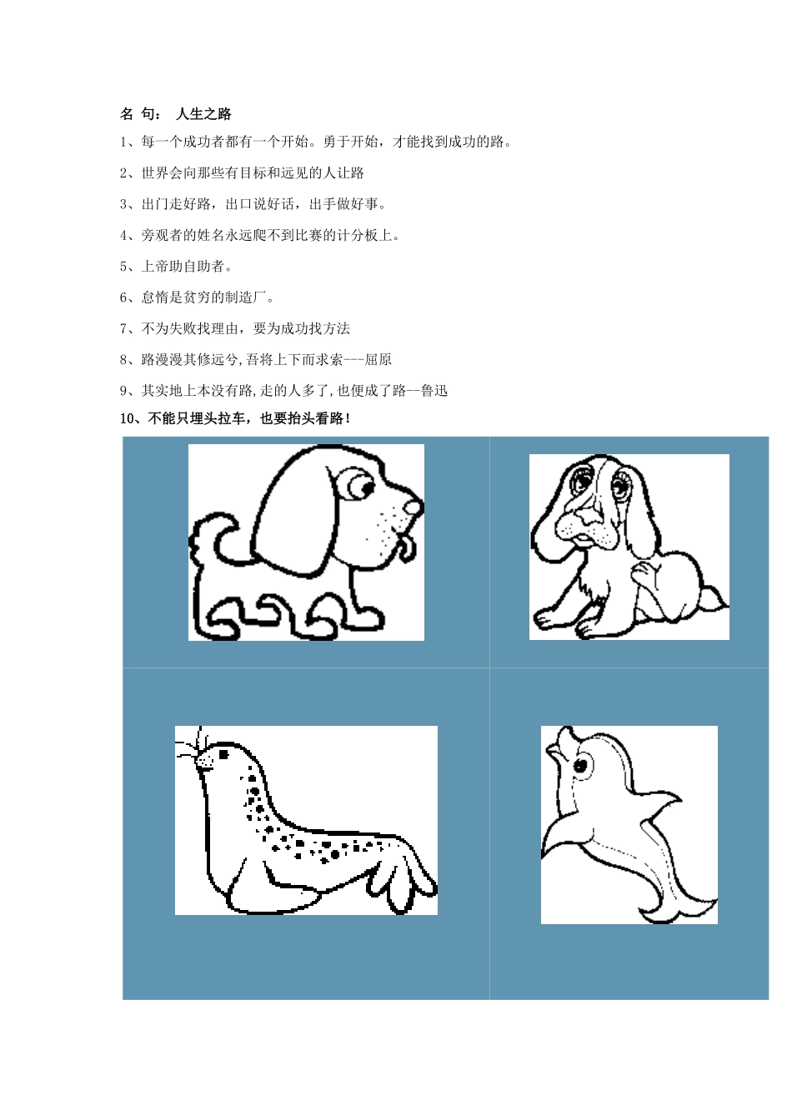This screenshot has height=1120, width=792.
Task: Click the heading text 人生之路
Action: [203, 114]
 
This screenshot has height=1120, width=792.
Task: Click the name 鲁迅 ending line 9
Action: [434, 391]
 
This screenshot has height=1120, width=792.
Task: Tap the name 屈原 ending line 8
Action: [378, 359]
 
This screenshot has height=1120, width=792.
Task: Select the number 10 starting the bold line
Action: [127, 419]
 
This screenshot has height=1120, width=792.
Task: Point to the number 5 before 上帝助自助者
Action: [123, 267]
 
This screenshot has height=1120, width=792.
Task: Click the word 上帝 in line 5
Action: [155, 266]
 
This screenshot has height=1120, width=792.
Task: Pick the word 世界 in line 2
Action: [155, 173]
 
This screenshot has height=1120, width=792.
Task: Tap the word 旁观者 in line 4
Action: [162, 235]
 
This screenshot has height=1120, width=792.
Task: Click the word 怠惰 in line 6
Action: [155, 297]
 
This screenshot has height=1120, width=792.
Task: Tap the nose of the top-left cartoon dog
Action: [413, 508]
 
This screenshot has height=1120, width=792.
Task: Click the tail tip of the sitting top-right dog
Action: [715, 599]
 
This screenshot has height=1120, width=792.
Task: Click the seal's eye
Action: [223, 754]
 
